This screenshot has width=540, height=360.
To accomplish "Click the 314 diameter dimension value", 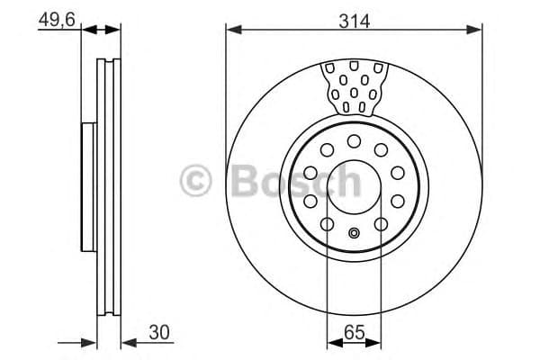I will (x=355, y=21).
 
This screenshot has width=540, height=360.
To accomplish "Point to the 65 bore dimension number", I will (x=355, y=332).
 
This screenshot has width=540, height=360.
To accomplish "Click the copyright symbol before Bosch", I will (x=196, y=181).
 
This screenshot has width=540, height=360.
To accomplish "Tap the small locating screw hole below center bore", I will (x=354, y=236).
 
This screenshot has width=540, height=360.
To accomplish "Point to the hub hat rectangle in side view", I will (x=87, y=187).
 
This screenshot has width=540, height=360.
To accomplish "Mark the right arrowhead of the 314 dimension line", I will (x=476, y=31).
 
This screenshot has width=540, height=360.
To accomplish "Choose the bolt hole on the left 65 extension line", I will (x=328, y=224).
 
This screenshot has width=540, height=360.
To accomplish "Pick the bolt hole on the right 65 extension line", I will (x=381, y=224).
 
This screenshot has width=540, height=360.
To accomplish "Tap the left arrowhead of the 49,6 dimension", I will (x=85, y=31).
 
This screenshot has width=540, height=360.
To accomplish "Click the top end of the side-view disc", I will (x=108, y=61).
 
